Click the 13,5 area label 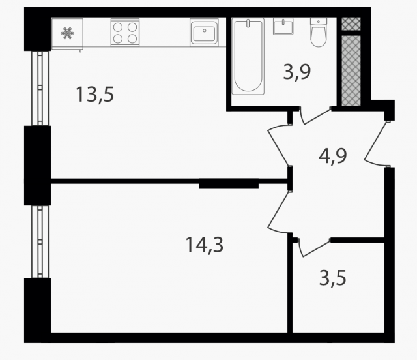[x=95, y=95]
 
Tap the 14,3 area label [x=204, y=245]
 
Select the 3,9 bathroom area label [x=297, y=72]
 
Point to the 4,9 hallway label [x=333, y=157]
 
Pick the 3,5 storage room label [x=333, y=278]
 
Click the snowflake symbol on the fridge [x=67, y=33]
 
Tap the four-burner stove [x=125, y=33]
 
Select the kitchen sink [x=204, y=33]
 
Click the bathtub [x=248, y=56]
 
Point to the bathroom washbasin [x=283, y=26]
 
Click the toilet [x=319, y=33]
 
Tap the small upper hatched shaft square [x=351, y=24]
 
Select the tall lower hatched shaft [x=351, y=70]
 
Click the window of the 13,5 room [x=40, y=88]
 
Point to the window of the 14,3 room [x=40, y=242]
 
